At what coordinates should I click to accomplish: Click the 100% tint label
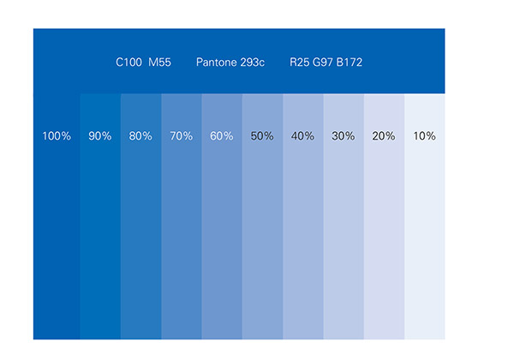pyautogui.click(x=57, y=136)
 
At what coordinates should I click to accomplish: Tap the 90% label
pyautogui.click(x=100, y=136)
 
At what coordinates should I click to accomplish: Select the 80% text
pyautogui.click(x=140, y=136)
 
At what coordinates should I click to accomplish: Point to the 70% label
pyautogui.click(x=181, y=136)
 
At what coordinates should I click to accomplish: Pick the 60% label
pyautogui.click(x=222, y=136)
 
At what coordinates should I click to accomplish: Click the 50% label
pyautogui.click(x=262, y=136)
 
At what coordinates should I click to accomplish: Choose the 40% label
pyautogui.click(x=302, y=136)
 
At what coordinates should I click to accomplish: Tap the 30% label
pyautogui.click(x=343, y=136)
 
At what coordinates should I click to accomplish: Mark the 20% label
pyautogui.click(x=384, y=136)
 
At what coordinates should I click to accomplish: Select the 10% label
pyautogui.click(x=424, y=136)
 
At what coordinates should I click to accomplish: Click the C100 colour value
pyautogui.click(x=128, y=63)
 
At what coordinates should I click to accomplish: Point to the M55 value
pyautogui.click(x=159, y=63)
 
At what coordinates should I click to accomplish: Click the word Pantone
pyautogui.click(x=215, y=63)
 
